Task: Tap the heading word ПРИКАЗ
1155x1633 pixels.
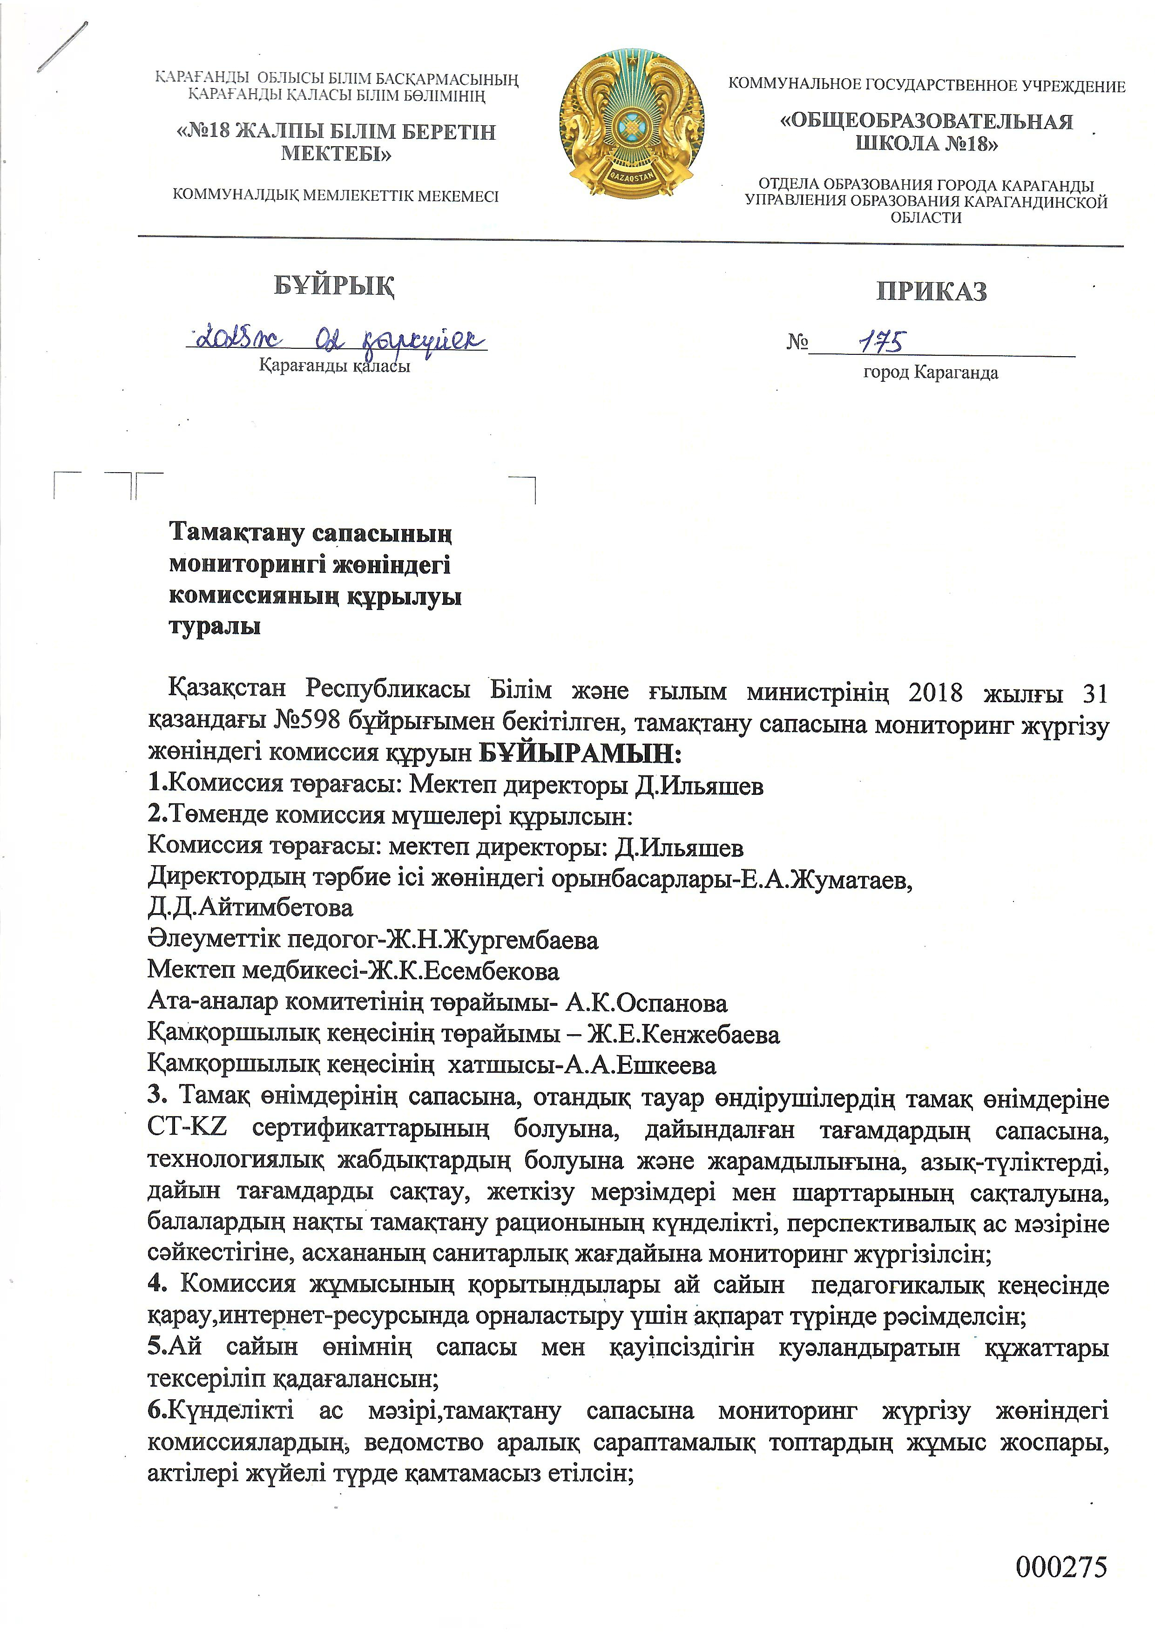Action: tap(931, 291)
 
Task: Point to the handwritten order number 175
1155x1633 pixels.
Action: tap(881, 342)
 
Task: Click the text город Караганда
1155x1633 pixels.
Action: tap(930, 373)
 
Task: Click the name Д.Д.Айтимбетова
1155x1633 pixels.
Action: tap(250, 908)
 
